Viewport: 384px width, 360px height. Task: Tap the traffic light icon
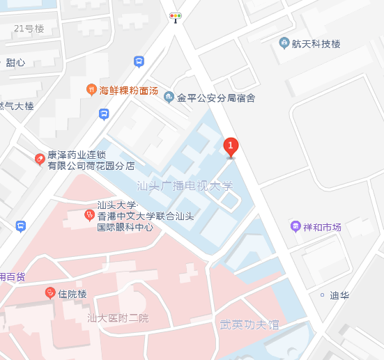pyautogui.click(x=176, y=16)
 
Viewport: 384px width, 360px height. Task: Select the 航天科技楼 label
pyautogui.click(x=317, y=44)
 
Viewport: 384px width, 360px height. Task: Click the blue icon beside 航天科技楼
pyautogui.click(x=284, y=43)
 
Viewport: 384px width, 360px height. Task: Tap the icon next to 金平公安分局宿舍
pyautogui.click(x=169, y=97)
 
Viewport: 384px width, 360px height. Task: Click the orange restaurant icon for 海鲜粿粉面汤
pyautogui.click(x=91, y=89)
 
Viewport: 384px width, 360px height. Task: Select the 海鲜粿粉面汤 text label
pyautogui.click(x=129, y=91)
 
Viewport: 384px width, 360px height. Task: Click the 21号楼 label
pyautogui.click(x=29, y=29)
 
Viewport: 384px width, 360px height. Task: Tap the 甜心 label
pyautogui.click(x=15, y=63)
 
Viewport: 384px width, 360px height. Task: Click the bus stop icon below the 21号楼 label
pyautogui.click(x=139, y=62)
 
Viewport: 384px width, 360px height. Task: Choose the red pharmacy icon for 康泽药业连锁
pyautogui.click(x=40, y=159)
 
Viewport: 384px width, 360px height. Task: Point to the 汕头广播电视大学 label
pyautogui.click(x=185, y=186)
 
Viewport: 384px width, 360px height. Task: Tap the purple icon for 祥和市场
pyautogui.click(x=295, y=227)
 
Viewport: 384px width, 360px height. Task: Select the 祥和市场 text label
pyautogui.click(x=323, y=228)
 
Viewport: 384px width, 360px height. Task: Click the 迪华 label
pyautogui.click(x=339, y=295)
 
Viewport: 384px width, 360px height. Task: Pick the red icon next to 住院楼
pyautogui.click(x=50, y=293)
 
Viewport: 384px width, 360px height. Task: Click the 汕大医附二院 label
pyautogui.click(x=118, y=318)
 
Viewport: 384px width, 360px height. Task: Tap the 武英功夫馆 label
pyautogui.click(x=249, y=324)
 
